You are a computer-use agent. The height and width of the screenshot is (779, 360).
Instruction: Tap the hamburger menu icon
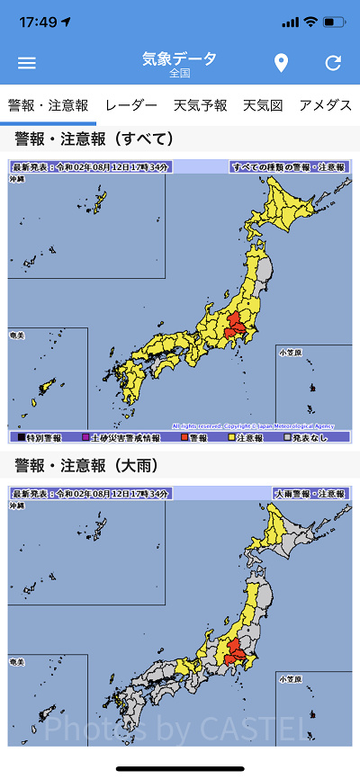pos(27,63)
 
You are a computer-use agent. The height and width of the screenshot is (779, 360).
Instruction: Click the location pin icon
pos(281,63)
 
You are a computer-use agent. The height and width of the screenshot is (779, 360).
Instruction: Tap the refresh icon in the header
pos(333,63)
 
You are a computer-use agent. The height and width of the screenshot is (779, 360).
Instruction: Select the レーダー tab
pos(131,106)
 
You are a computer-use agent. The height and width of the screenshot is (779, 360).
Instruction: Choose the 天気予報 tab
pos(201,106)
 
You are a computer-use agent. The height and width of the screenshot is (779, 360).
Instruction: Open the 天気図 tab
pos(263,106)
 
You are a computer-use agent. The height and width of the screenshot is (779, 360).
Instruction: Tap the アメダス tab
pos(325,106)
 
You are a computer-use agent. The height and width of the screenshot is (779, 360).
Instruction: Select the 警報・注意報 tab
pos(49,106)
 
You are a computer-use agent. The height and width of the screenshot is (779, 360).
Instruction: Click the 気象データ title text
pos(180,59)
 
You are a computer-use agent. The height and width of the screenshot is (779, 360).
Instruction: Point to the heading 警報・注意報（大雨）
pos(94,466)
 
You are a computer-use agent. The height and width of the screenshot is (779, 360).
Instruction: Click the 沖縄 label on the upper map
pos(18,181)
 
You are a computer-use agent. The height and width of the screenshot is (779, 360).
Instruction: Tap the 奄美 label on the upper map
pos(18,333)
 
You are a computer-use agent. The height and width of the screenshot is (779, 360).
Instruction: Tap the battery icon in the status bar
pos(334,21)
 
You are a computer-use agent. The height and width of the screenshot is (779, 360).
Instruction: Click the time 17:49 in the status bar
pos(36,21)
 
